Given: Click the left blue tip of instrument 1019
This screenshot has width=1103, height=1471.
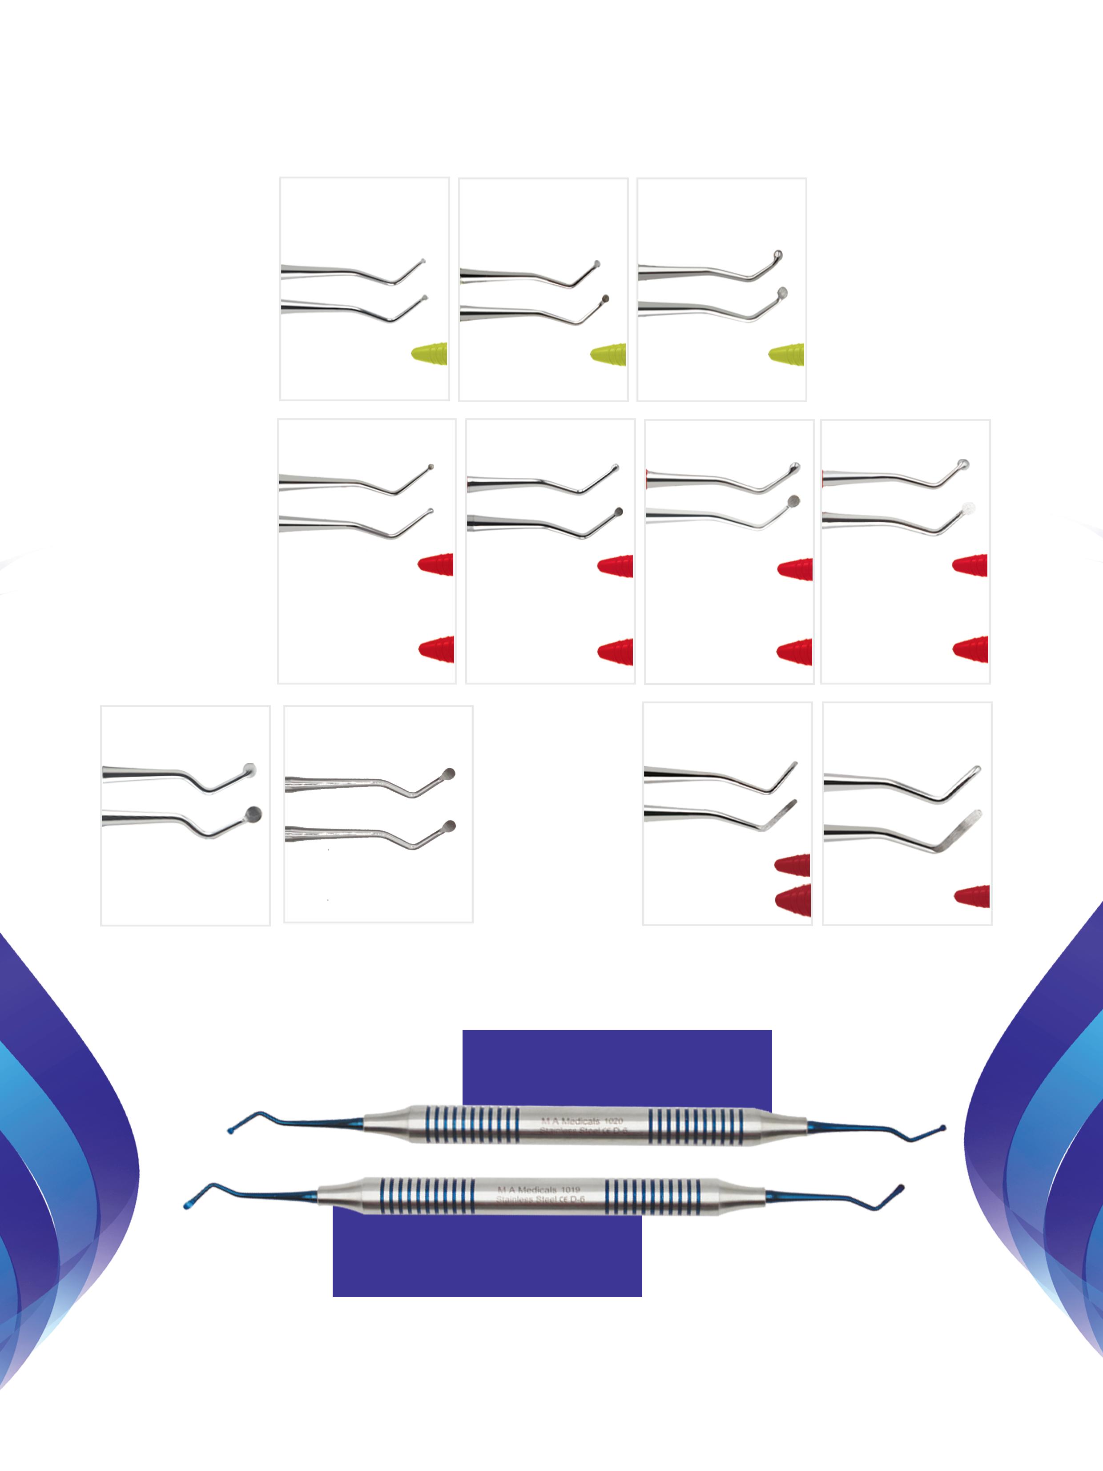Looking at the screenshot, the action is click(x=187, y=1205).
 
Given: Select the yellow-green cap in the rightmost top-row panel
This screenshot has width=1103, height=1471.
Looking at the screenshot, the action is click(x=787, y=355).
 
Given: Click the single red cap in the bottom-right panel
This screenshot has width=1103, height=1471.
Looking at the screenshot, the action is click(x=973, y=896).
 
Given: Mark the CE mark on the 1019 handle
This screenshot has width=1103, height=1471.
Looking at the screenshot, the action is click(x=563, y=1200).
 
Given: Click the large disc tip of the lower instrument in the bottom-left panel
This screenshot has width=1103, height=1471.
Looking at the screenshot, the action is click(x=254, y=814).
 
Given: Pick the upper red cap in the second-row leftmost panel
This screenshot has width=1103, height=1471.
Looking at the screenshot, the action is click(x=437, y=564).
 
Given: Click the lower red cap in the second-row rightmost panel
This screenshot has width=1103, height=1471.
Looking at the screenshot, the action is click(x=971, y=649).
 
